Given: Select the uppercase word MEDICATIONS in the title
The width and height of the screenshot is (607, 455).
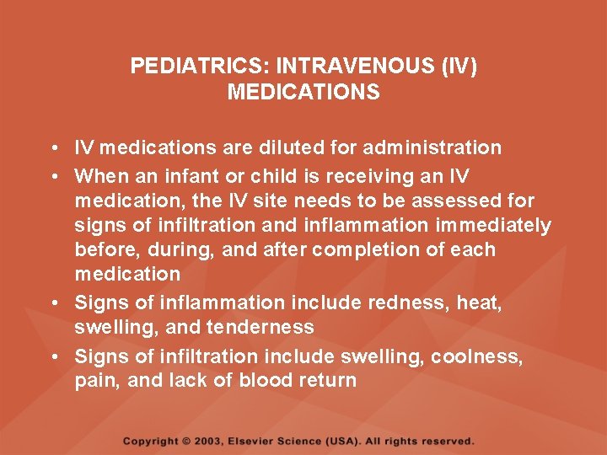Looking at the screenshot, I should pos(303,92).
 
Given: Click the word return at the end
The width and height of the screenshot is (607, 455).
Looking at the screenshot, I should pos(326,381).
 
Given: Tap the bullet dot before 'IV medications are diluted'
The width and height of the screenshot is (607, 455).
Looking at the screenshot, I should pos(52,149).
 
